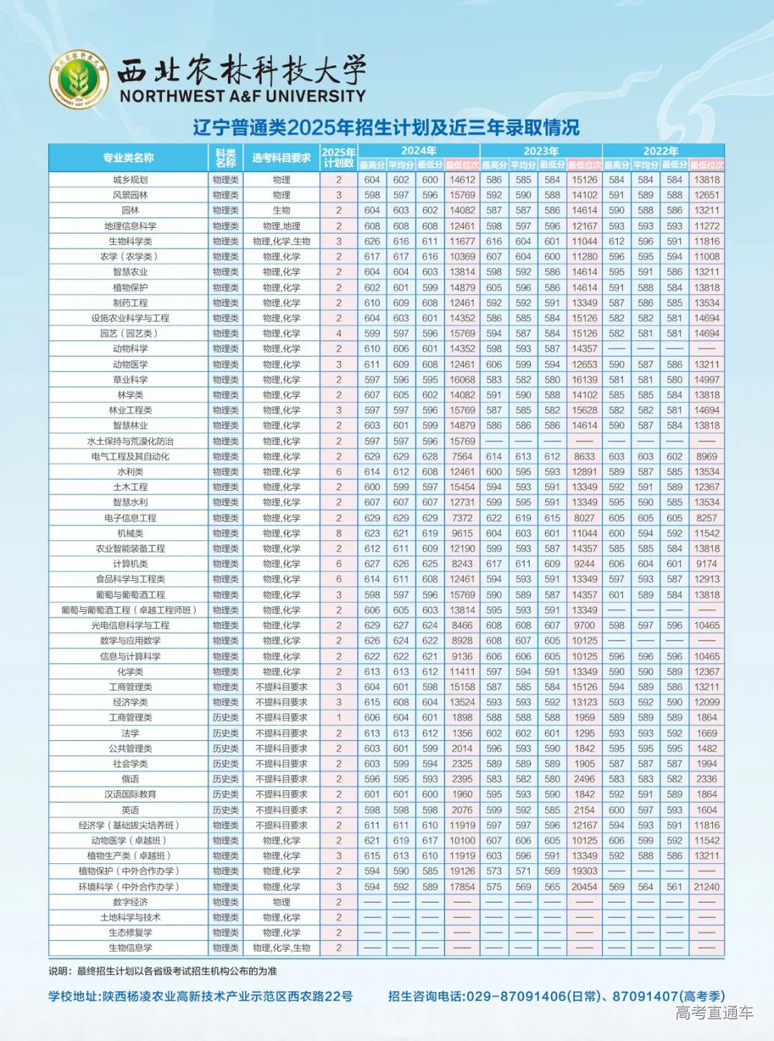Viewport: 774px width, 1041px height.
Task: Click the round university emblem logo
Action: coord(78,80)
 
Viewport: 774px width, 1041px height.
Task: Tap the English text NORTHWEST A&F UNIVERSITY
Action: coord(242,95)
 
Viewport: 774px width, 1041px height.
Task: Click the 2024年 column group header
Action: coord(419,150)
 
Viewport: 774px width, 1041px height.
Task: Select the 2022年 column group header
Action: coord(661,150)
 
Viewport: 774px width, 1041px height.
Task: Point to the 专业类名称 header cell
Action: coord(128,158)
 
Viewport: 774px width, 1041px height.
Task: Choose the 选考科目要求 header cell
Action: coord(282,158)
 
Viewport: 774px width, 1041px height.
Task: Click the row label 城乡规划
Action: coord(130,180)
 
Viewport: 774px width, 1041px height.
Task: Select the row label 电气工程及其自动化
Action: coord(130,456)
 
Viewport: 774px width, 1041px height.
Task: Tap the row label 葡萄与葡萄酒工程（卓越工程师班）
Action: coord(130,610)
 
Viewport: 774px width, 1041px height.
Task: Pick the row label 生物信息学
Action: coord(130,948)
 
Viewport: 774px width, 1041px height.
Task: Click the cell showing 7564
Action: coord(462,456)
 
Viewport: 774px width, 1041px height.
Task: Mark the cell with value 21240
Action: coord(707,887)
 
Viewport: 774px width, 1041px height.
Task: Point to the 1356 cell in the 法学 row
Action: coord(462,733)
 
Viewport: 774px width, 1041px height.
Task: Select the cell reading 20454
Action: coord(584,887)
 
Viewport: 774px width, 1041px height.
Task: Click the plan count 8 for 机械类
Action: coord(339,533)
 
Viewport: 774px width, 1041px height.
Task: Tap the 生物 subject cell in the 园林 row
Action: coord(282,211)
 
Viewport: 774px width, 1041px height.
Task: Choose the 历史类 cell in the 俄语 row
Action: coord(226,779)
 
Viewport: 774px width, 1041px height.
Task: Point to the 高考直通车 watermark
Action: coord(715,1012)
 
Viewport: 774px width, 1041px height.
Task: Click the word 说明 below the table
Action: coord(59,971)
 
